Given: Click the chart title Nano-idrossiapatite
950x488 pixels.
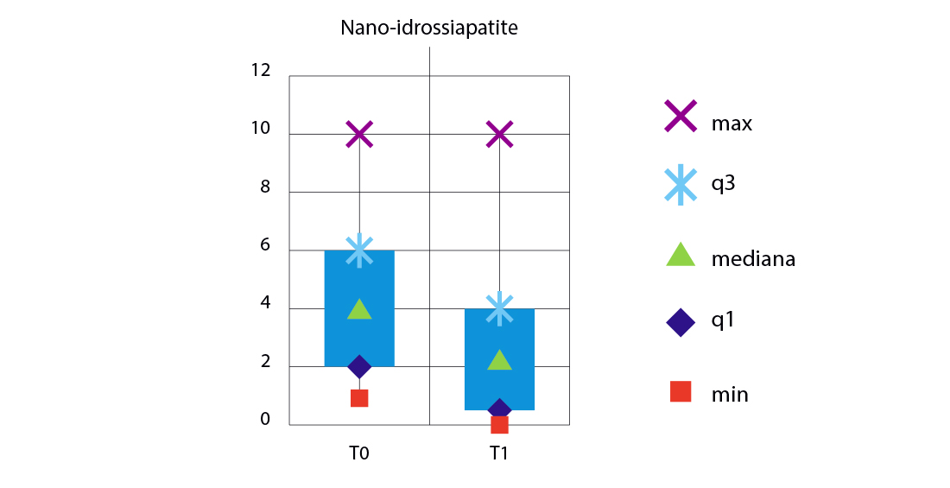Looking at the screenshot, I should pos(428,29).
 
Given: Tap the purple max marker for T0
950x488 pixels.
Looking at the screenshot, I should pos(359,135).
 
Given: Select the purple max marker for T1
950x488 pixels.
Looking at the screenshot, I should pos(499,135).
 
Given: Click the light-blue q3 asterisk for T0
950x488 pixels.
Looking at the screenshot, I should pos(359,250).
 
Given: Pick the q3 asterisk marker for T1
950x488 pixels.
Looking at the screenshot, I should pos(499,307).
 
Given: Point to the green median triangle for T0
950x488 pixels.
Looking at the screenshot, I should pos(359,309).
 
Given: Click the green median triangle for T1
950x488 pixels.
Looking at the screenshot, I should pos(499,361).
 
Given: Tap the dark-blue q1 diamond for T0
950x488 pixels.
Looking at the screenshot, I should pos(359,366).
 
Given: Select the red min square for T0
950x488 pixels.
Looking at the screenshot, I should pos(359,398).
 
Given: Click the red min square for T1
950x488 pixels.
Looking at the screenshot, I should pos(499,424).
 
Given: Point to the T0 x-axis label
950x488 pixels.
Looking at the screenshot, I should pos(359,453).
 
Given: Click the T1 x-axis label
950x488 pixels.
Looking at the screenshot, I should pos(499,453).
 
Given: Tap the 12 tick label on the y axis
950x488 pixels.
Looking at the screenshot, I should pos(260,70).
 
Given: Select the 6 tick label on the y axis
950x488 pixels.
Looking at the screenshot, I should pos(265,246).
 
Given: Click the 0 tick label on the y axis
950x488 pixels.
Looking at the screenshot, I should pos(265,421).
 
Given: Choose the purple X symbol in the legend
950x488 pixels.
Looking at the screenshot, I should pos(681,116).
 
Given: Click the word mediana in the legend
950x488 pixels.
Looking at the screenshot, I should pos(753,259).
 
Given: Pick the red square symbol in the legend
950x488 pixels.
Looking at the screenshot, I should pos(681,391).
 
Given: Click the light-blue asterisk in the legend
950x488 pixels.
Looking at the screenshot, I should pos(681,184).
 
